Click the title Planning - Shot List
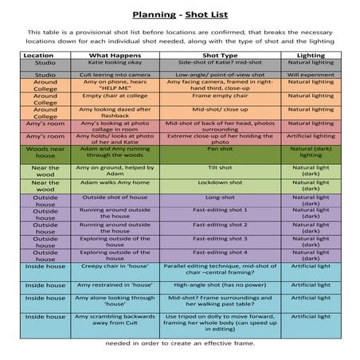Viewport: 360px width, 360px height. [180, 14]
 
